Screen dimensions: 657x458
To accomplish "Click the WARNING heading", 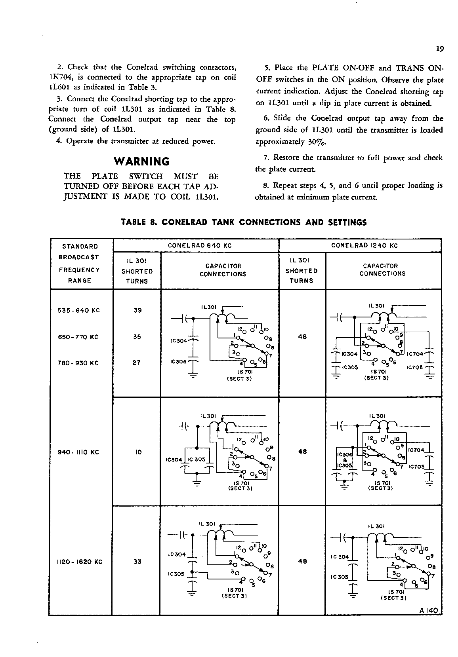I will click(141, 161).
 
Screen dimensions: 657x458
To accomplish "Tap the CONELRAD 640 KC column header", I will click(199, 245).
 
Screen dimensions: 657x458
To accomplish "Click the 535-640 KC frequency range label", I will click(79, 310).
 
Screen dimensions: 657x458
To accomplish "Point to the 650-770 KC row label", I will click(78, 337).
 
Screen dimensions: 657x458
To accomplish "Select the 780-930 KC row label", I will click(78, 363).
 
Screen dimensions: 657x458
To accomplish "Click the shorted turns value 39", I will click(137, 310).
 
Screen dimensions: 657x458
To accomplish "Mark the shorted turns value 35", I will click(137, 337).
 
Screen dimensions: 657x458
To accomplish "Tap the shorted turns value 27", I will click(137, 363).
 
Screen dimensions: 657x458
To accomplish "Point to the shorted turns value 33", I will click(137, 562).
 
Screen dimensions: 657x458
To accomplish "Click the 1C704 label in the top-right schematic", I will click(415, 354).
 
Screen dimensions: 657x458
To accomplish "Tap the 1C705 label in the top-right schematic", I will click(415, 367).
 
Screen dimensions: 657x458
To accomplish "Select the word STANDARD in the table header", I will click(80, 247).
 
